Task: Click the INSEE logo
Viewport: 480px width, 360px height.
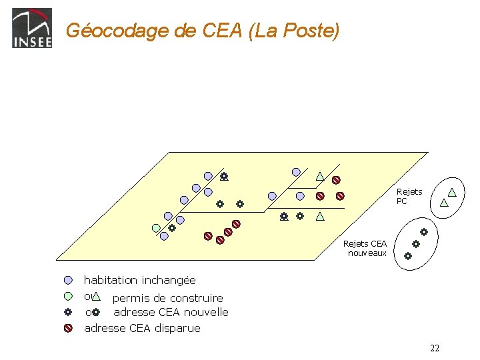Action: click(31, 28)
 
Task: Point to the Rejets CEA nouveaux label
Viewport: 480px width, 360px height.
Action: click(366, 248)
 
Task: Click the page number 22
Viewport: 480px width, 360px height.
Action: click(435, 348)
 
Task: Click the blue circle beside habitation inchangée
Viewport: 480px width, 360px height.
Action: click(68, 281)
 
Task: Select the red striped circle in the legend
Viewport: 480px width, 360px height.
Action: click(68, 328)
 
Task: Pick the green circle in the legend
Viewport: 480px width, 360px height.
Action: click(68, 297)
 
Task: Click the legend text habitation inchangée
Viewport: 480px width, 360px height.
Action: click(139, 281)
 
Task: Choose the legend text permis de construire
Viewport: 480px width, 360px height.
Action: click(167, 298)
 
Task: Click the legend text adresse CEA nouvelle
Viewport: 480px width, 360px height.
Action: click(171, 312)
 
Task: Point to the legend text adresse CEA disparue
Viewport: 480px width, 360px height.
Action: click(142, 328)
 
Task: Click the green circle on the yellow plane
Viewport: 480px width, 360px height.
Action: click(156, 227)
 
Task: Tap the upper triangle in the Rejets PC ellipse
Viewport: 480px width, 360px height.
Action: click(452, 192)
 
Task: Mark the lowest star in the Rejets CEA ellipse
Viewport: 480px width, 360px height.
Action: click(408, 255)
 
